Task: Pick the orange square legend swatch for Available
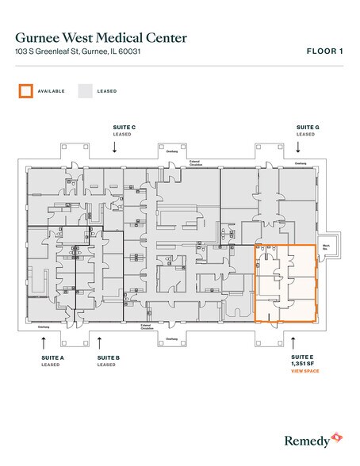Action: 26,91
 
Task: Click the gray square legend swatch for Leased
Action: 84,91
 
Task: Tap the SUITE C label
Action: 123,127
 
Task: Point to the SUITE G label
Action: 308,127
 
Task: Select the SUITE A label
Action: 52,358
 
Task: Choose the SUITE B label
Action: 108,358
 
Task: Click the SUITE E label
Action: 303,358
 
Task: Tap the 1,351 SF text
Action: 304,365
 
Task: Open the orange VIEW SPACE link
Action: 305,371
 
